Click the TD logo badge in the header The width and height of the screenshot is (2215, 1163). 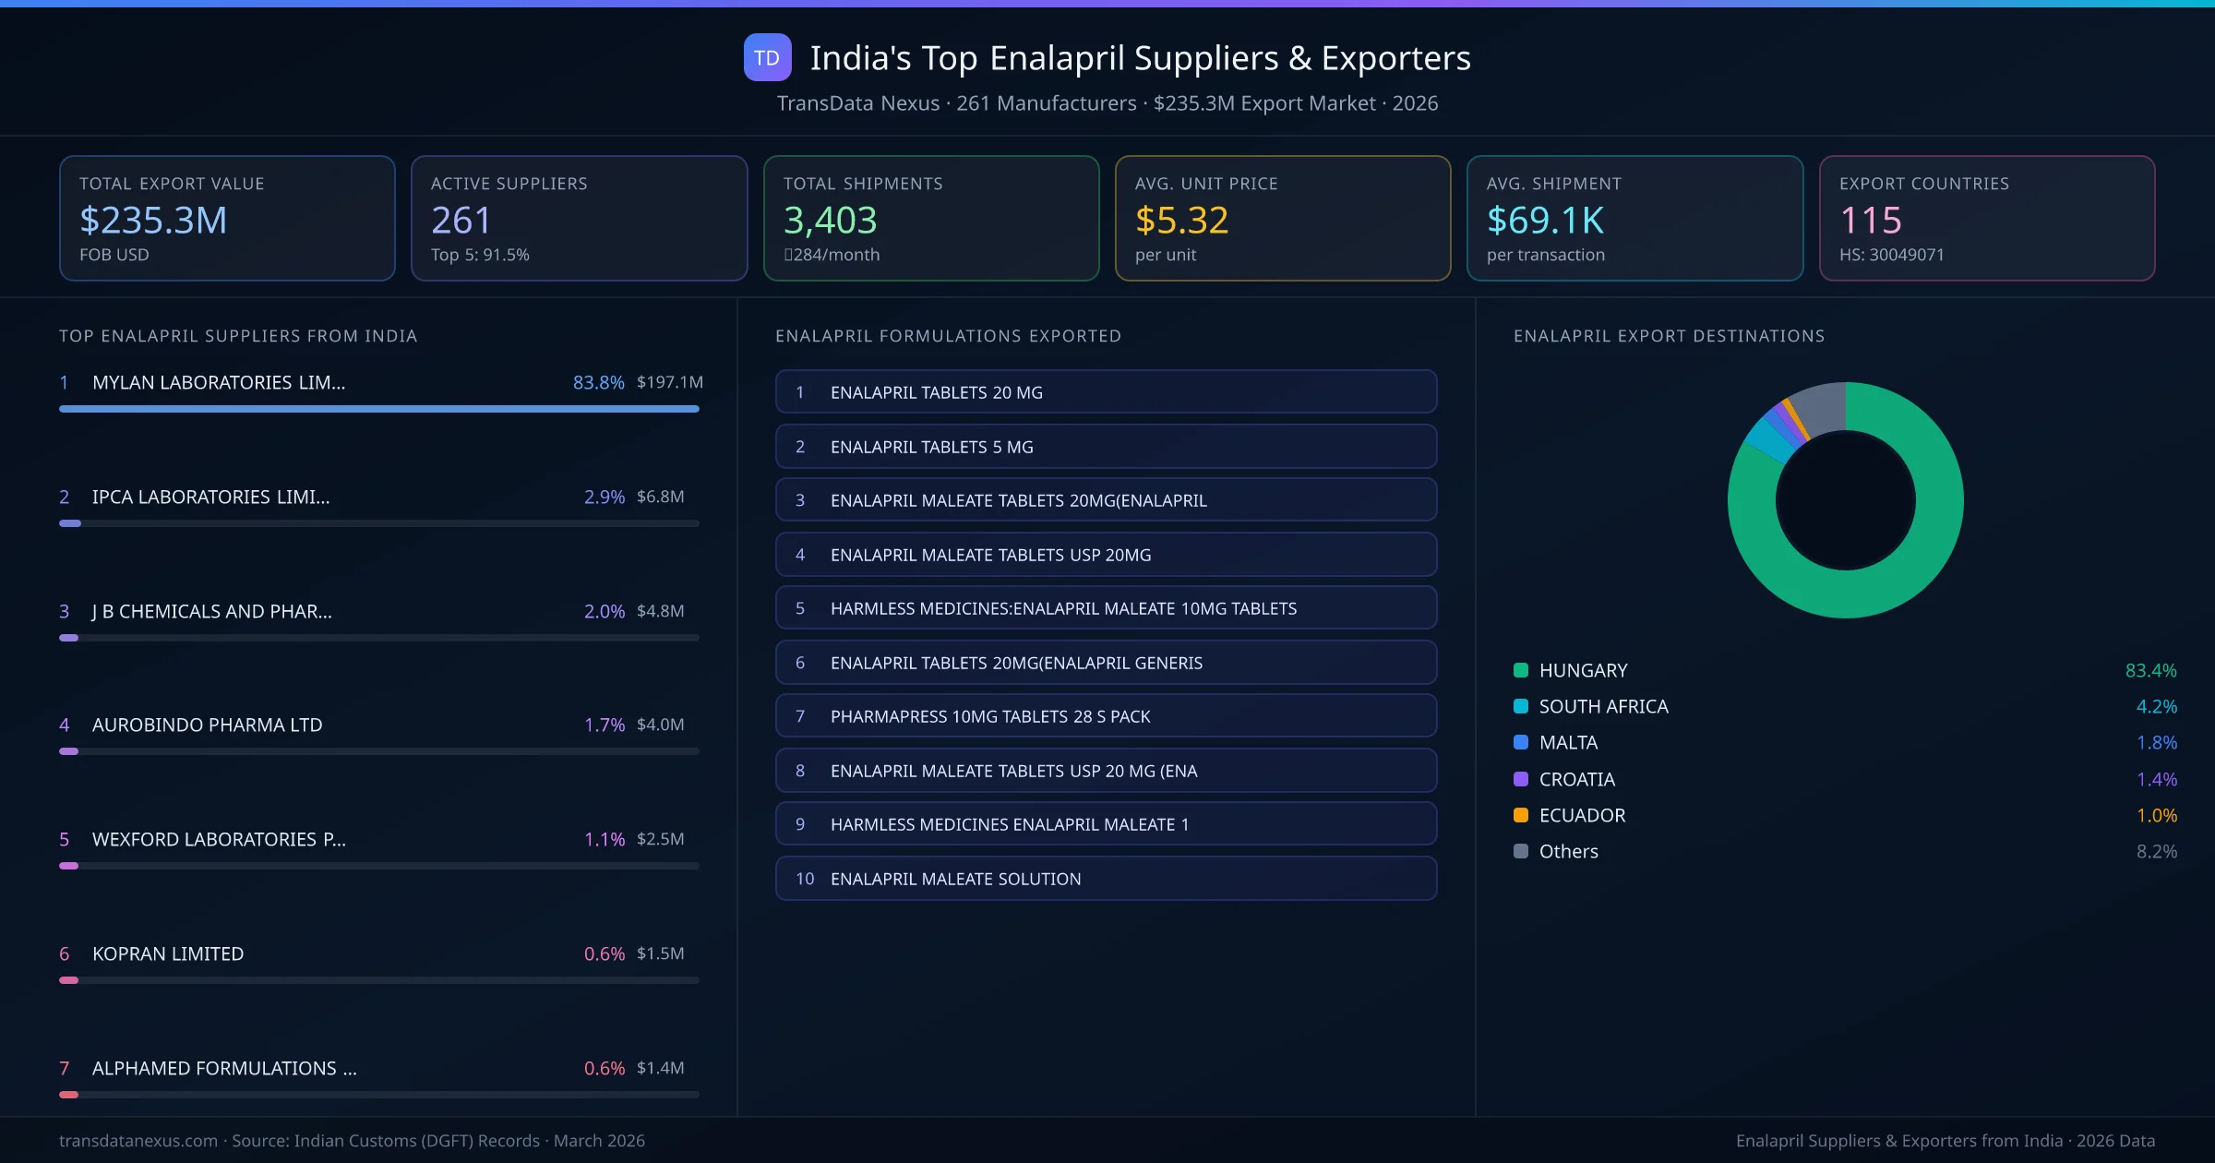767,57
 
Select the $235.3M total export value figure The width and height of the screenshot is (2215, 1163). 153,220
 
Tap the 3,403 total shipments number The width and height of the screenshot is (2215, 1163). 830,220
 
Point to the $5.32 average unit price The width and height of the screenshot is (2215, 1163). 1181,220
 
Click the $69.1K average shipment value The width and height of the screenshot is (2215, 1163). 1545,220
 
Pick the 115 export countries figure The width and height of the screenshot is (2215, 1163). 1870,220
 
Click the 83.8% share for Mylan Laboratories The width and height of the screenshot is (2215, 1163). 598,382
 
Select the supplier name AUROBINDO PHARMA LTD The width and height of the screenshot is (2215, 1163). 207,725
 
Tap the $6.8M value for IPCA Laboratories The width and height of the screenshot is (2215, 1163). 660,497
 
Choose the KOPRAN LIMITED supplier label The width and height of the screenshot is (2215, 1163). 168,953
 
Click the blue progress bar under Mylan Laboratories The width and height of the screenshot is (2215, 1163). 378,409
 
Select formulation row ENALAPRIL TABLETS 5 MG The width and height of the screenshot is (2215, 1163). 1106,447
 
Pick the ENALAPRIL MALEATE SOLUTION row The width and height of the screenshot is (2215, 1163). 1106,879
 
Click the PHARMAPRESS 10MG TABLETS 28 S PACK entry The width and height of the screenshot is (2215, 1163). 1106,716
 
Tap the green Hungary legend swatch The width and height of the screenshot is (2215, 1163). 1521,670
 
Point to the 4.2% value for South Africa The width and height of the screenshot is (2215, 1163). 2156,706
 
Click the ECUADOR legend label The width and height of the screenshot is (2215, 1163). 1582,815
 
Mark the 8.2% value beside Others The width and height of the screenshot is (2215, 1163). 2156,851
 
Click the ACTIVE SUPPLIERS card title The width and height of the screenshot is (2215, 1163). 509,184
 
